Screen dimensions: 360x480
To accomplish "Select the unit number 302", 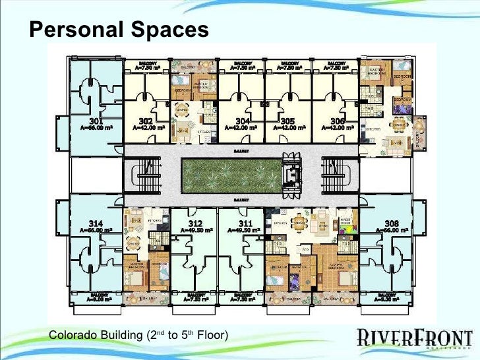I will pos(146,121).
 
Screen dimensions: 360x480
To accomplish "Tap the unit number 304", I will pos(241,121).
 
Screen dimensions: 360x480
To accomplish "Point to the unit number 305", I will pos(287,121).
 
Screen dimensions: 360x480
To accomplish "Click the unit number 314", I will pos(96,223).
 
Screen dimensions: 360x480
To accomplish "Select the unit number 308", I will pos(390,223).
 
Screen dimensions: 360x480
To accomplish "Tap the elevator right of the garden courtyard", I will pos(288,175).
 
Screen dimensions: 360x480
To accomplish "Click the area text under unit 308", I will pos(390,230).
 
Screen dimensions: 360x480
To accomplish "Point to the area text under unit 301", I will pos(96,128).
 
